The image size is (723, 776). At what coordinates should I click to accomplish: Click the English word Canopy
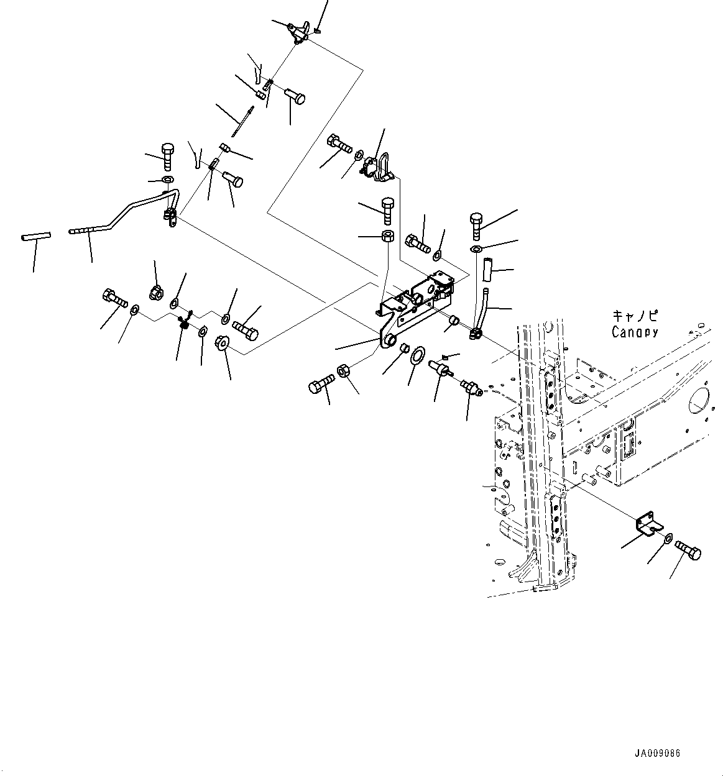634,332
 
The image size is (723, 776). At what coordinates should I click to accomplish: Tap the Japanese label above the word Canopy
635,316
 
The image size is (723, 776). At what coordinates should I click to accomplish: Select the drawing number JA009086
657,754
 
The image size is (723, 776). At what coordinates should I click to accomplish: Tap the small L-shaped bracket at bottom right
647,525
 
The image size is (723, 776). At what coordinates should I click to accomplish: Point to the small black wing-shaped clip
184,322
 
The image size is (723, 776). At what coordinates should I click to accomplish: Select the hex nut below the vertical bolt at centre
386,236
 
